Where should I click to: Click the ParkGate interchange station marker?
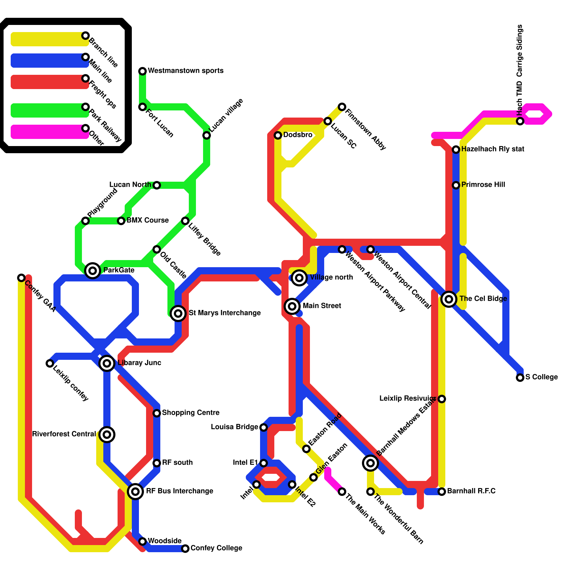93,271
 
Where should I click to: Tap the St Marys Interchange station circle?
178,313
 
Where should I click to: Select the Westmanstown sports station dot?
142,71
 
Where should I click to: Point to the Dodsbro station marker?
278,135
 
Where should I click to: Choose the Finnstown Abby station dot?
342,107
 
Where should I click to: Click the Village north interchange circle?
299,278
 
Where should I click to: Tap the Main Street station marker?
292,306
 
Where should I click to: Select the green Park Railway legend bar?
48,110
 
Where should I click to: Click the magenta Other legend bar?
48,132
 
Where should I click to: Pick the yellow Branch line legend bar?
48,39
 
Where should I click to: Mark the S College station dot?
520,378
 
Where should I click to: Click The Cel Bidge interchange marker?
449,299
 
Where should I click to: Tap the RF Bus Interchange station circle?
135,492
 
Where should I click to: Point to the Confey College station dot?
185,549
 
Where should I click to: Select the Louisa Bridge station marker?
264,427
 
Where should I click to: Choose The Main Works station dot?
342,492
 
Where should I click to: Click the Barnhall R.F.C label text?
471,491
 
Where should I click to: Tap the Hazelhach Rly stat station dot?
456,150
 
